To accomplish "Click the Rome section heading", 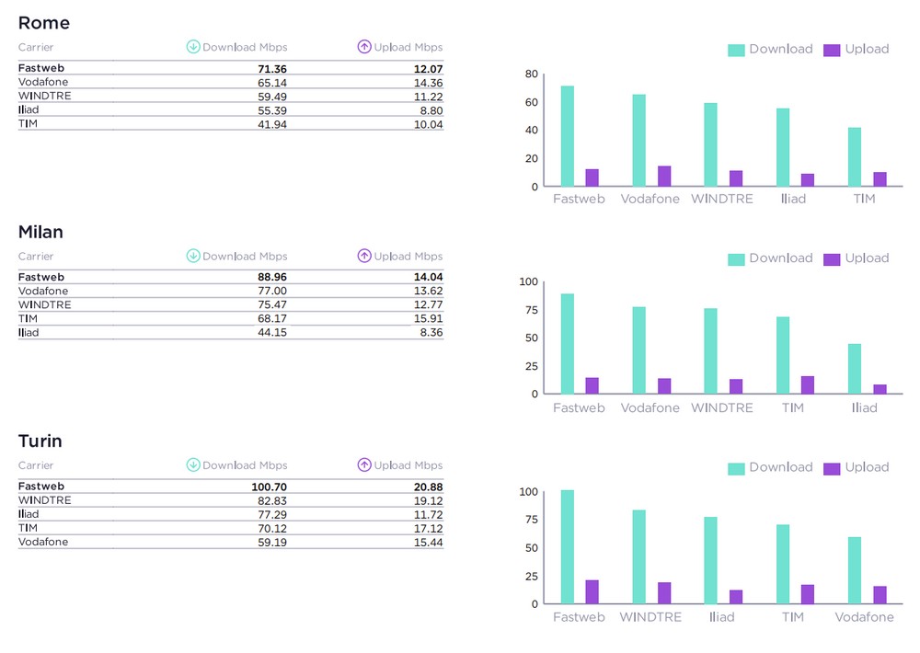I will [43, 23].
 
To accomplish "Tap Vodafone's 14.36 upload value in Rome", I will [428, 82].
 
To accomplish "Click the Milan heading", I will [40, 232].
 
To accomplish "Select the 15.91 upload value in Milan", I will [428, 318].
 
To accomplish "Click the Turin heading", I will [40, 441].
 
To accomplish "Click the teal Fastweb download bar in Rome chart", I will [568, 136].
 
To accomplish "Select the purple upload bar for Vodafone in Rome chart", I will [664, 176].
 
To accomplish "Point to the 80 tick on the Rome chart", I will [531, 74].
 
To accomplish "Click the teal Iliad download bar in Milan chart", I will [855, 369].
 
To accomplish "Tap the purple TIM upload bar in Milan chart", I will [808, 384].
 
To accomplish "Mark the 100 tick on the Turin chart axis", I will [527, 491].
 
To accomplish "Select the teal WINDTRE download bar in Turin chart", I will [639, 556].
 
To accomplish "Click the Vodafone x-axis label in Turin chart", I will [864, 617].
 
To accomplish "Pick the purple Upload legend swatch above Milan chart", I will [832, 258].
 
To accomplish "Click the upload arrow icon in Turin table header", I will [364, 465].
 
